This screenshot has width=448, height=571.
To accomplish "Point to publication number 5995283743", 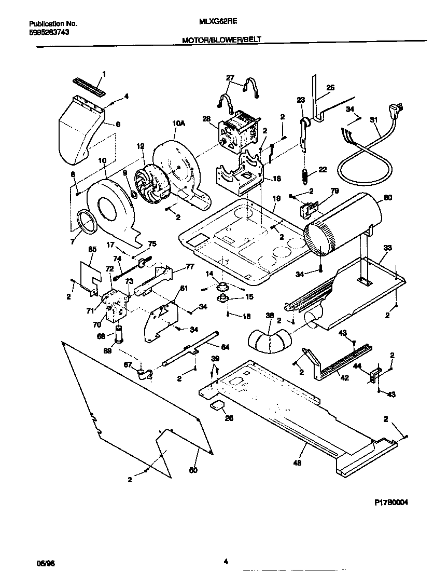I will tap(49, 32).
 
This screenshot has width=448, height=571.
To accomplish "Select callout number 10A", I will tap(178, 123).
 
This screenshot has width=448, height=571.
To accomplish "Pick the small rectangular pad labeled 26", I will tap(216, 405).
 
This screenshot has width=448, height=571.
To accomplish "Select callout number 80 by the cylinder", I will tap(388, 197).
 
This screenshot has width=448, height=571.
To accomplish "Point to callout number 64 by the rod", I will tap(225, 347).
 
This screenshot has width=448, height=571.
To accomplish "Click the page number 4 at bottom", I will tap(226, 561).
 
